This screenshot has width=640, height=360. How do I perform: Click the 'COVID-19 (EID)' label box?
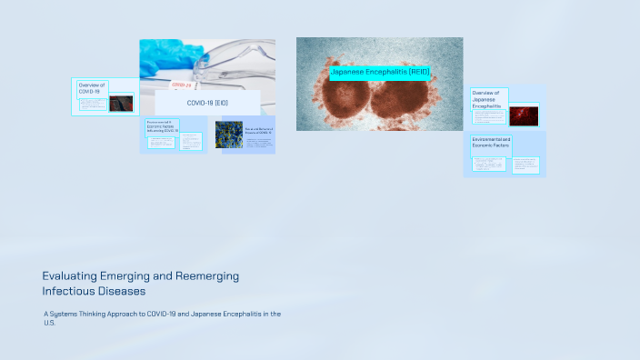207,103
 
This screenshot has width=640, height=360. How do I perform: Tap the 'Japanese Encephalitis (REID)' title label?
379,71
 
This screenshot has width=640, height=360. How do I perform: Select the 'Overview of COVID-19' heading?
91,88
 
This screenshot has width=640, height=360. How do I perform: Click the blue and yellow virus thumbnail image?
228,135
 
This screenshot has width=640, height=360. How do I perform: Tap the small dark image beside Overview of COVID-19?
121,103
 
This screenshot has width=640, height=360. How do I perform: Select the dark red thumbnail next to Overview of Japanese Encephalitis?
523,115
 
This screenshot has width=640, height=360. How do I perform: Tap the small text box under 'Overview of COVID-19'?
92,104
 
